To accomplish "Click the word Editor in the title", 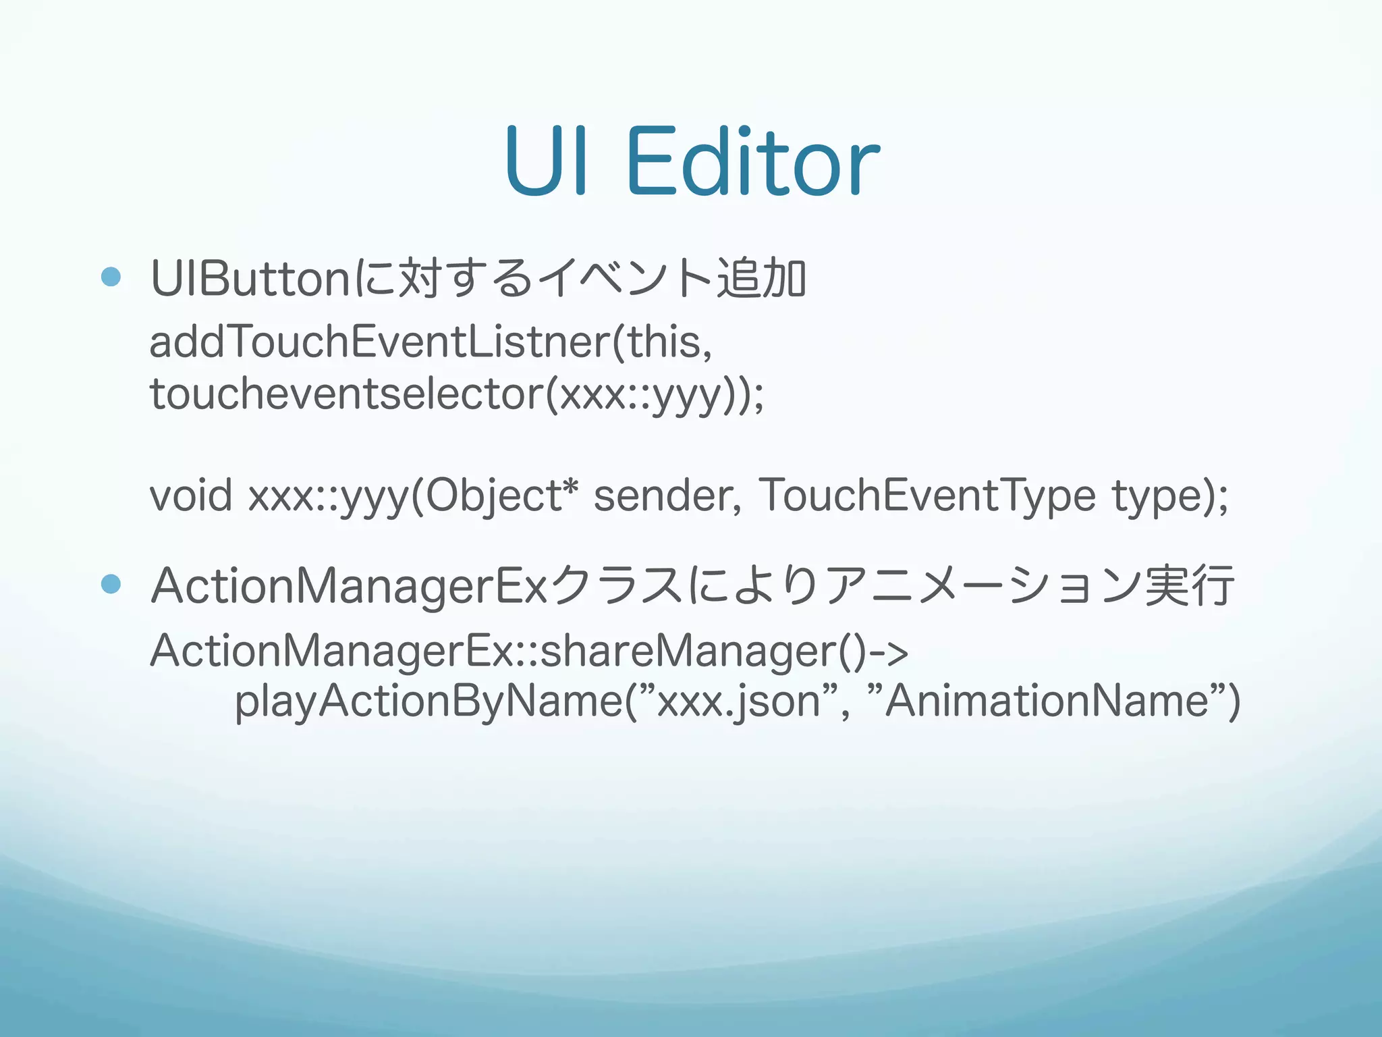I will click(752, 162).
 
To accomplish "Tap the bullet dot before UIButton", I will click(111, 277).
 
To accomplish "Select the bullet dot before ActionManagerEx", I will click(111, 584).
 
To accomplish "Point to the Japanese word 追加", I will click(761, 278).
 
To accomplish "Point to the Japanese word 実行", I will click(1190, 585).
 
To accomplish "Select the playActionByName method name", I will click(429, 702).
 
